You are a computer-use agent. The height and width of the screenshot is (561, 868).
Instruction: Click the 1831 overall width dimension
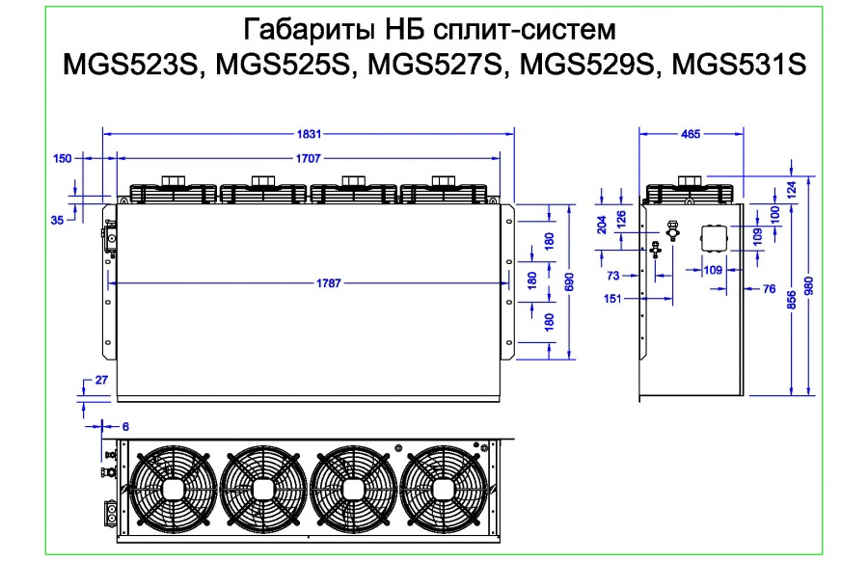pos(308,133)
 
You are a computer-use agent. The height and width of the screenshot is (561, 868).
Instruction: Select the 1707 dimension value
pos(308,157)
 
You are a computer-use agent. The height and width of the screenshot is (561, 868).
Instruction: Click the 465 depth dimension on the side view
pos(691,133)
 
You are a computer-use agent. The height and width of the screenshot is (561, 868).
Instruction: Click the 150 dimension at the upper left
pos(62,159)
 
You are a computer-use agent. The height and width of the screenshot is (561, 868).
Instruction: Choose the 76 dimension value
pos(769,288)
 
